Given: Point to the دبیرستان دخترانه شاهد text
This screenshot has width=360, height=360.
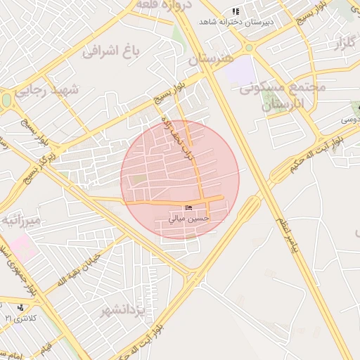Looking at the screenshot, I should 236,22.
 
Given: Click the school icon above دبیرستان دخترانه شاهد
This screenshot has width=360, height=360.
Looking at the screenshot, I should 236,11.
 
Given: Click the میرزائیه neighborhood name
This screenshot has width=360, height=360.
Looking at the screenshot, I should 21,221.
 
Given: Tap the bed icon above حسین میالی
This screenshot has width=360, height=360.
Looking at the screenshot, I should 188,208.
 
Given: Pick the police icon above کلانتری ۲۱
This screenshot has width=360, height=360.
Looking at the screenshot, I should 22,307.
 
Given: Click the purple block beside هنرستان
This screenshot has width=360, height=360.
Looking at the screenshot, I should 241,69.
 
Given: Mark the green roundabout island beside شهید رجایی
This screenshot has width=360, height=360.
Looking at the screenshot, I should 6,101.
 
